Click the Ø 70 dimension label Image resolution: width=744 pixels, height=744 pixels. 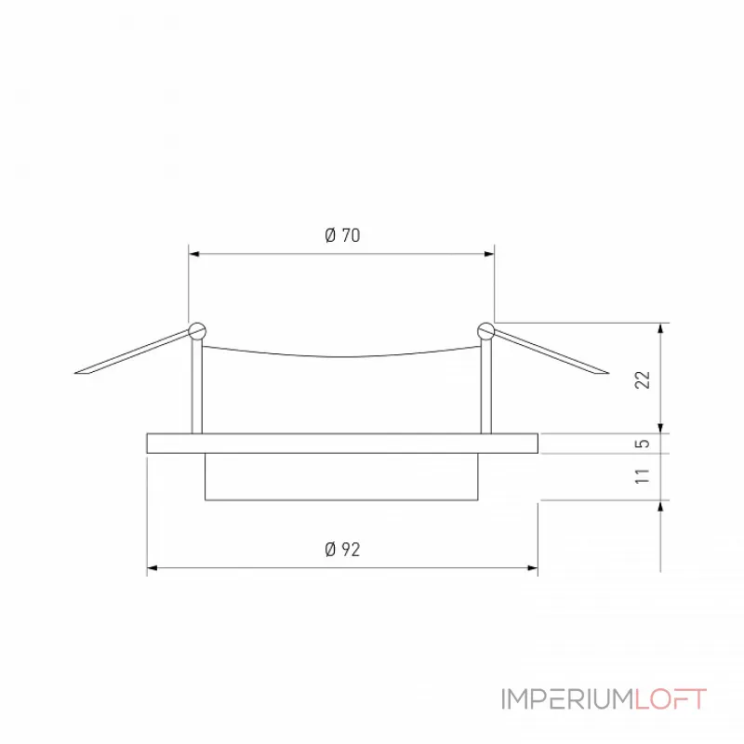(342, 236)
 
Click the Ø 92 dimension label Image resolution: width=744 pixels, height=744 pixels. (342, 550)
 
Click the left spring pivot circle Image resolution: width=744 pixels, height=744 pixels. (196, 329)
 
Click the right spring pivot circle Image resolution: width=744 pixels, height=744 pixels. (485, 329)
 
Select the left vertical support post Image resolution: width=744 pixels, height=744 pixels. (195, 386)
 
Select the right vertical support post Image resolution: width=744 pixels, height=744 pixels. (485, 386)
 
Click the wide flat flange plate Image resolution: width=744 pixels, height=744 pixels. (342, 444)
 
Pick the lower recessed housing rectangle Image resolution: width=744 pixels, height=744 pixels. (342, 477)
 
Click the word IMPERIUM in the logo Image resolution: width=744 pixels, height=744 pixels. (567, 699)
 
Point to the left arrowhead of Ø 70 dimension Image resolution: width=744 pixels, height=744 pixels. (193, 252)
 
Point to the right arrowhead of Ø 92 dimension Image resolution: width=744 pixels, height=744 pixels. (533, 566)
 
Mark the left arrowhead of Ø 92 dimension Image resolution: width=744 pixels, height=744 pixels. (153, 566)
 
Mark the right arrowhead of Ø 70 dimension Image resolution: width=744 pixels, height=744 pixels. (489, 252)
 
